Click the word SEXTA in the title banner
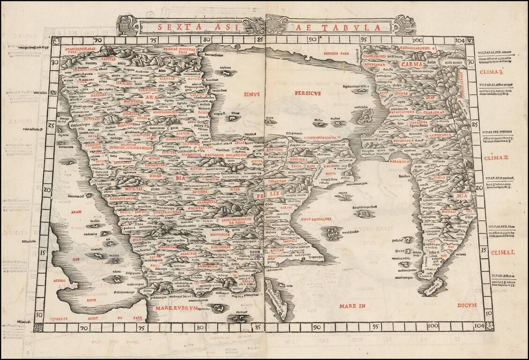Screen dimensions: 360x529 [x=177, y=27]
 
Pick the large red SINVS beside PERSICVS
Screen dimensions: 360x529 [x=252, y=94]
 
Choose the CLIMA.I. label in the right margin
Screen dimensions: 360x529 [x=503, y=253]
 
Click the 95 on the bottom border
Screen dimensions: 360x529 [x=375, y=326]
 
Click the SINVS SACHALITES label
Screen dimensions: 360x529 [x=316, y=219]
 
